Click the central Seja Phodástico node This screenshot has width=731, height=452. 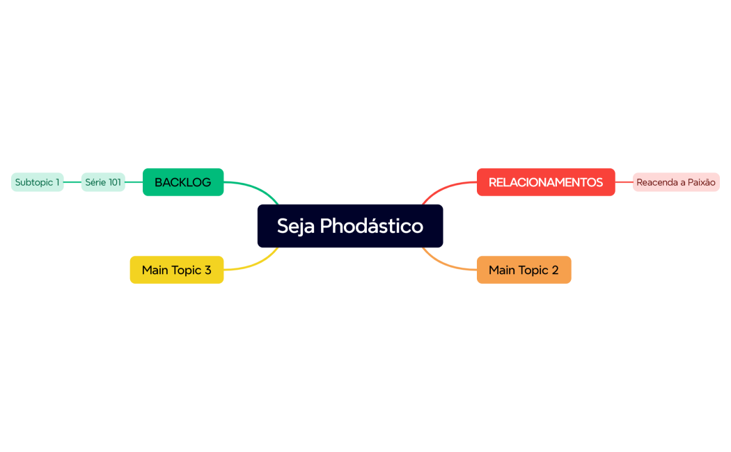(x=350, y=225)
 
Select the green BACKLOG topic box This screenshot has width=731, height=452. (x=183, y=182)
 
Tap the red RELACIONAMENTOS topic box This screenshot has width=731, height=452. (x=546, y=182)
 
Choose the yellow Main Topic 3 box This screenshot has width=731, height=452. (x=177, y=270)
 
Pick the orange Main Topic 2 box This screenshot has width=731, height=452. (x=524, y=270)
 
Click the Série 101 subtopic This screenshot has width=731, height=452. (x=103, y=182)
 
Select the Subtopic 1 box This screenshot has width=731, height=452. (x=38, y=182)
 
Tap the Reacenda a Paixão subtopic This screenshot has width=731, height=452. (x=676, y=182)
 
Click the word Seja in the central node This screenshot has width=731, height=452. (x=296, y=226)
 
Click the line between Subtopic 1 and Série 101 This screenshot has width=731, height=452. (x=72, y=182)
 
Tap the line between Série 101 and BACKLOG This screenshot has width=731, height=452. (x=134, y=182)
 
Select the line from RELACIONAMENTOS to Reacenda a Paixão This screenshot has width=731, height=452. (x=624, y=182)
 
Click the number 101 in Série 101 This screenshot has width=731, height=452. (x=114, y=182)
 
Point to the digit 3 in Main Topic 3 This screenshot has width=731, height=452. (x=207, y=270)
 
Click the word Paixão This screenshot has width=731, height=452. (x=700, y=182)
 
